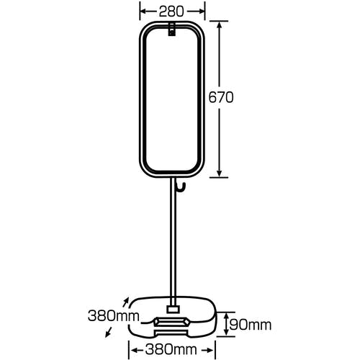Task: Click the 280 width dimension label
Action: point(171,12)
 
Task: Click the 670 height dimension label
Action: point(221,97)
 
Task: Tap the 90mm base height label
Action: point(251,325)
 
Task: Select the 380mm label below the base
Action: point(171,349)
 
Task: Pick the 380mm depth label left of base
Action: point(114,316)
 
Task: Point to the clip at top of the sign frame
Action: point(171,30)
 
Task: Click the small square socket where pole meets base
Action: point(173,309)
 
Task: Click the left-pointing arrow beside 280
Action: point(148,11)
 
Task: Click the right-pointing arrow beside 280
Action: point(196,11)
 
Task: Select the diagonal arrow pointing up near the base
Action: point(126,302)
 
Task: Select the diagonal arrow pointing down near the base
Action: point(109,333)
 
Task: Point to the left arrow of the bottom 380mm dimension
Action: point(137,350)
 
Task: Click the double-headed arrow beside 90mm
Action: point(226,324)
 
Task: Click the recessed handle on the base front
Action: point(172,322)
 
